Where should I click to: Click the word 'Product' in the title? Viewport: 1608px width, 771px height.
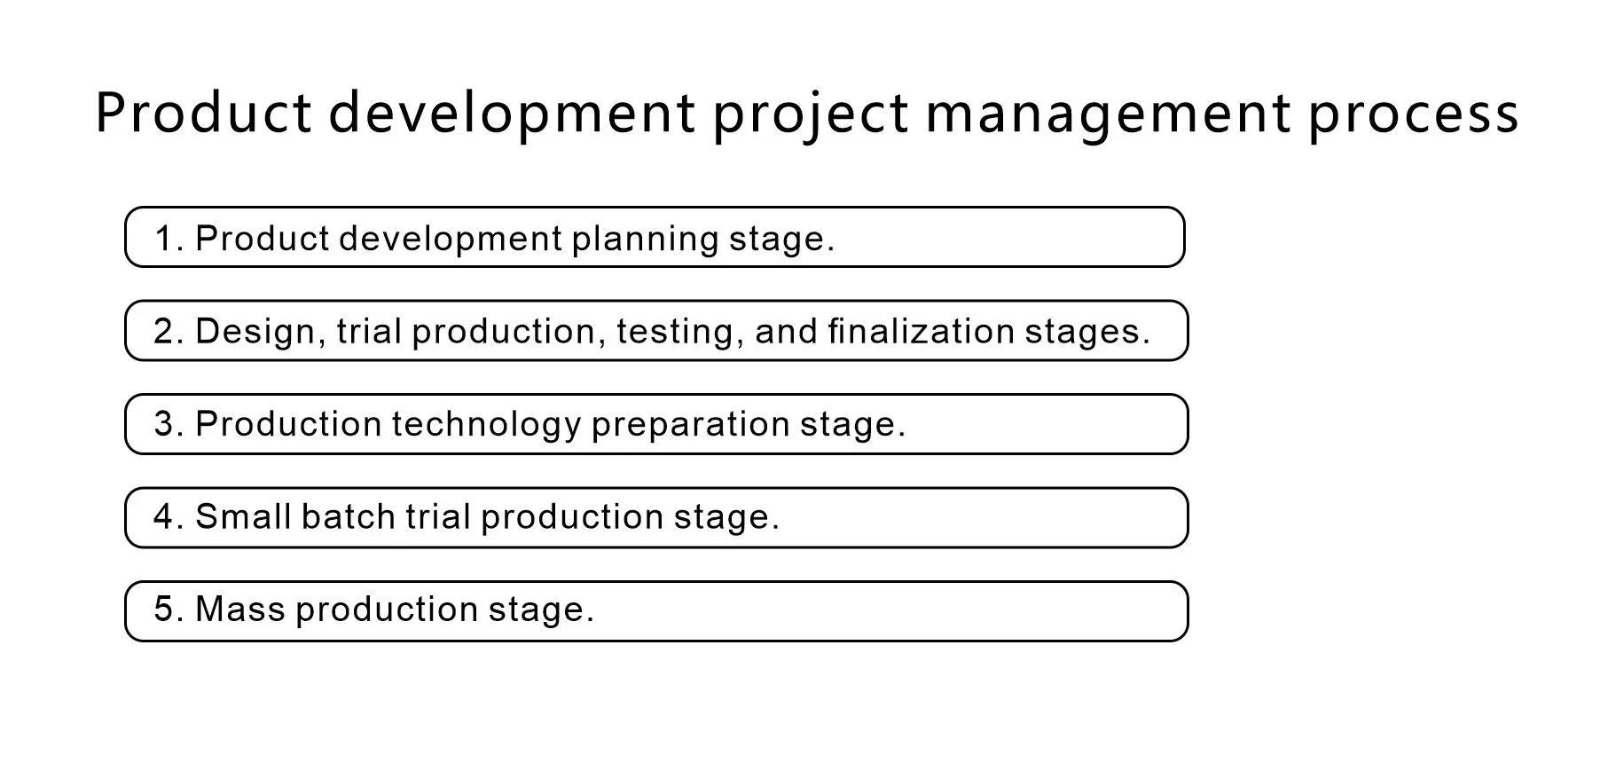[204, 113]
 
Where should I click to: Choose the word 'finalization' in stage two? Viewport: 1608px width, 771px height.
[921, 331]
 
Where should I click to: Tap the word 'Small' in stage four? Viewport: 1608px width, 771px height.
[243, 516]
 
